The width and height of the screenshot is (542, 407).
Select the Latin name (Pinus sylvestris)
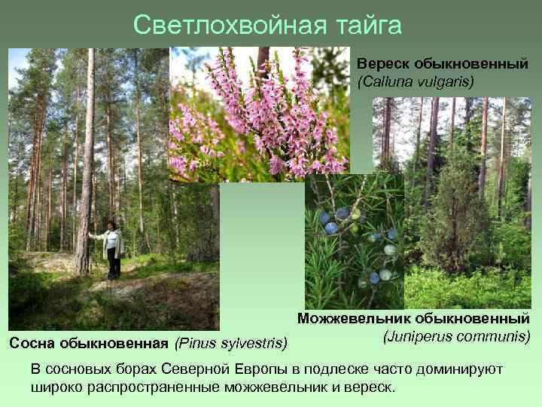231,344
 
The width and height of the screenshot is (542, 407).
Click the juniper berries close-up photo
354,241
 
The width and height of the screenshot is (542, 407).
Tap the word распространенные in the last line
150,387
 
